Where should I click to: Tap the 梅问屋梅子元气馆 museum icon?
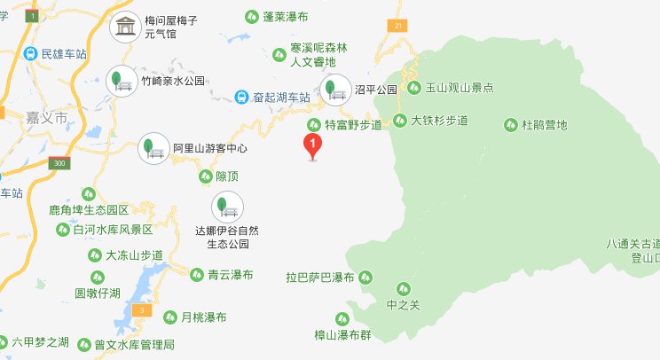(124, 27)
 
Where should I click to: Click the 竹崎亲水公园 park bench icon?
(117, 81)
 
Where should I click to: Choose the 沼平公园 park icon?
(335, 90)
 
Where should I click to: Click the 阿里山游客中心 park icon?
(153, 147)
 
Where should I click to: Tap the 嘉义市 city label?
(48, 117)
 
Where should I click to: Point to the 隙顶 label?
(227, 176)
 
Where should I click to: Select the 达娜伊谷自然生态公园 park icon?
(224, 208)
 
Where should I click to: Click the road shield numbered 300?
(59, 163)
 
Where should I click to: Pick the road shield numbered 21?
(400, 26)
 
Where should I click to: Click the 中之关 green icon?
(404, 288)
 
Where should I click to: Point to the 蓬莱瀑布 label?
(286, 17)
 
